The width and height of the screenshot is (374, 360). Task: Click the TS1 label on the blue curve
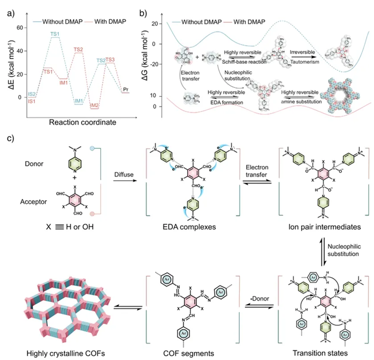(x=55, y=34)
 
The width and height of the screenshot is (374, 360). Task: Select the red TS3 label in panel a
(x=110, y=59)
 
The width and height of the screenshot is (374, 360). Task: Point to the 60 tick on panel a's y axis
(x=20, y=28)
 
